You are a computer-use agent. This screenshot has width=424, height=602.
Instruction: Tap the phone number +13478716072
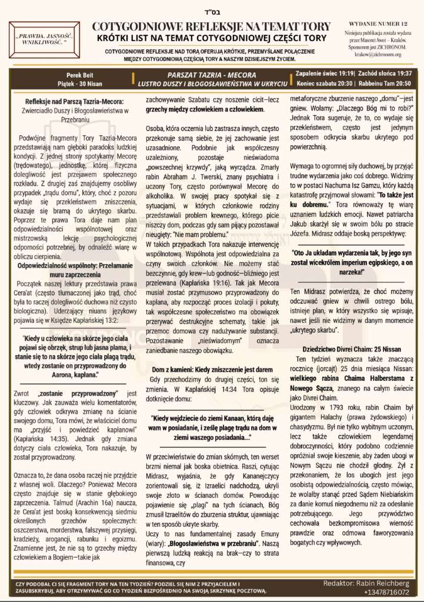(x=386, y=592)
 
